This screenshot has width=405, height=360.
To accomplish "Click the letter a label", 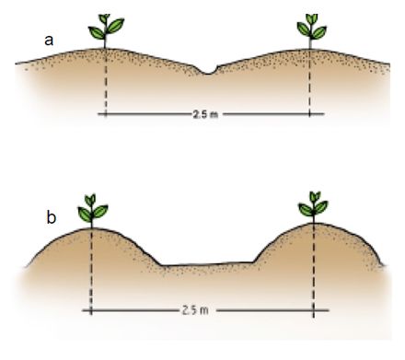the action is point(49,41).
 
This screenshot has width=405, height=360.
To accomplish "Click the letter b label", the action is point(52,217).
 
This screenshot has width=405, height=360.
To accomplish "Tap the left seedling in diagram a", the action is point(106,30).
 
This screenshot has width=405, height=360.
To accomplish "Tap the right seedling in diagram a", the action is point(312,30).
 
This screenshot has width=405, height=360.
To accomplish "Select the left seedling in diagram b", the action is point(92,211).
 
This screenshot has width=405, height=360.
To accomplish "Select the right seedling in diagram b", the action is point(314,207).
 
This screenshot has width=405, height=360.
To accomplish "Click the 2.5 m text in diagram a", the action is point(205,114).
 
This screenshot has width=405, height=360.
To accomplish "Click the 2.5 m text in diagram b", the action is point(195,310).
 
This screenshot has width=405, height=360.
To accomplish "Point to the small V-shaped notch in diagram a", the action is point(208,71).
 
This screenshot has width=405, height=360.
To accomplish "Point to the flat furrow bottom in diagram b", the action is point(207,264).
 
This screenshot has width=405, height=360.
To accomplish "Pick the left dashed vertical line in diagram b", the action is point(91,272).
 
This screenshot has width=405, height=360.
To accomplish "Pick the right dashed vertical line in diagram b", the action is point(313,270).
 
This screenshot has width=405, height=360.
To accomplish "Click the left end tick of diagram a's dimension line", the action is point(106,114).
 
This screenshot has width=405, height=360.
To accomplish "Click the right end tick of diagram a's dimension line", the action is point(309,114).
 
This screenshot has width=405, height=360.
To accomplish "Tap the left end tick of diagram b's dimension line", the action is point(91,310).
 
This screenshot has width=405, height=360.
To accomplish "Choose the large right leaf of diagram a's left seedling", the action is point(116,26).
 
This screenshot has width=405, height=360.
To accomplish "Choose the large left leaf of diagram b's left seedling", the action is point(85,215).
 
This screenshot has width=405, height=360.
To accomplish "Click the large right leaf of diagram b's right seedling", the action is point(321,207).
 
